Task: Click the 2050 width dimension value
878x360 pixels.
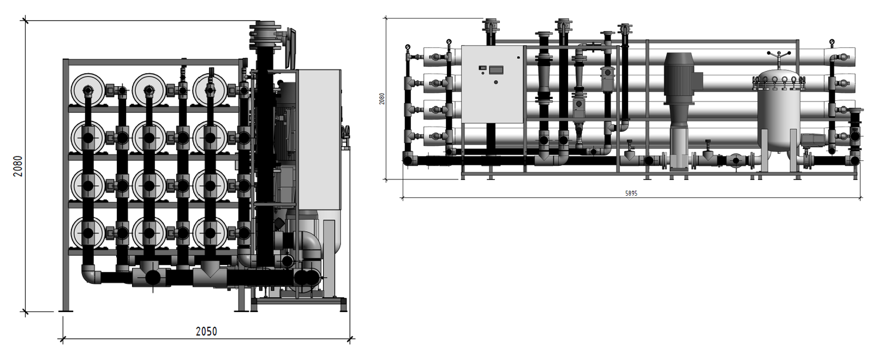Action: (206, 332)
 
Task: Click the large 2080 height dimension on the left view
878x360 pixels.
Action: (18, 166)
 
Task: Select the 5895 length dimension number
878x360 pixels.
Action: (631, 193)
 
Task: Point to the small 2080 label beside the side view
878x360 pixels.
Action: (382, 99)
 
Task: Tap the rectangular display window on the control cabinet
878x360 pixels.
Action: (496, 70)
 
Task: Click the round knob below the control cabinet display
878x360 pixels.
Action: (496, 82)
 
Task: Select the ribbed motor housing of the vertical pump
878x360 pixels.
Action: (679, 79)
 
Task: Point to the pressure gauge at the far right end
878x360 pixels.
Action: (832, 42)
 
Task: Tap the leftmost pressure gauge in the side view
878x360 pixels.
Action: (408, 47)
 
